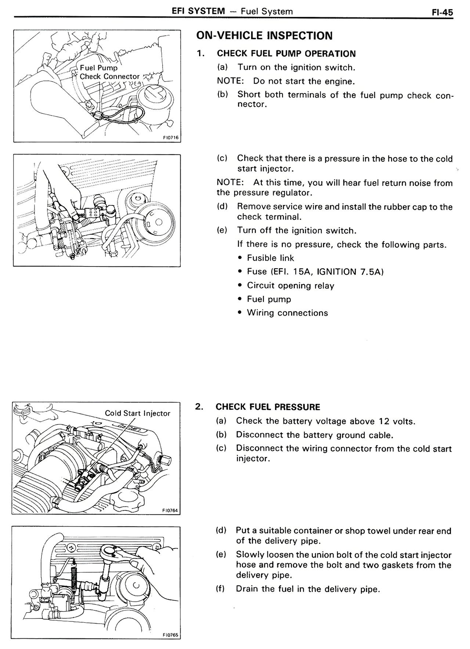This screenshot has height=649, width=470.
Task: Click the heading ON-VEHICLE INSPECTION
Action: click(264, 36)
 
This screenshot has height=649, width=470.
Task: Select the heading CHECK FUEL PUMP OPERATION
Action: click(286, 54)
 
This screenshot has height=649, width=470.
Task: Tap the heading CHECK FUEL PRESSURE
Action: click(268, 407)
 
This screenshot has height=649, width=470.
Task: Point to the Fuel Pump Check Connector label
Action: click(109, 72)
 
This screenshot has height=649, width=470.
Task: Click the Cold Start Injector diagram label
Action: click(137, 413)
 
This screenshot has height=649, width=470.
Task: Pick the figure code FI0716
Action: click(170, 138)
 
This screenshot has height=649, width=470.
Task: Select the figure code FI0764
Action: click(170, 510)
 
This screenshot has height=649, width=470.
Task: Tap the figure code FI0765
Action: click(170, 635)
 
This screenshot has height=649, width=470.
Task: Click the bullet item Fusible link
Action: click(270, 258)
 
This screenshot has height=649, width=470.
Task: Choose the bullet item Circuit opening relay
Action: click(290, 286)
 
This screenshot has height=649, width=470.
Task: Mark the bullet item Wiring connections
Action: click(287, 313)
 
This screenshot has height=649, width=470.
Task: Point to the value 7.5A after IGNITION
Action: click(371, 272)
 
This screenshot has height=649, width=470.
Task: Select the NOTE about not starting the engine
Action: click(286, 81)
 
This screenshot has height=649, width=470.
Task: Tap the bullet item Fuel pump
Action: click(269, 299)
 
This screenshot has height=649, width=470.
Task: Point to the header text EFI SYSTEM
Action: click(198, 11)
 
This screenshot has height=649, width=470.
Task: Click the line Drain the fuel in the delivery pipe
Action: click(307, 589)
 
